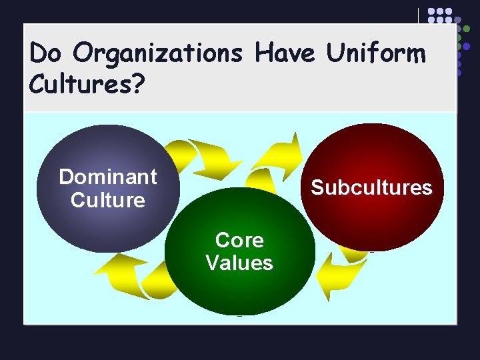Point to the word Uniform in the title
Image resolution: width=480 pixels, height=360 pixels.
coord(375,53)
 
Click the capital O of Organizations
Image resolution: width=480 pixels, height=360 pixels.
coord(83,53)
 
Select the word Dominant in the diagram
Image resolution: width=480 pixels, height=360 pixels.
coord(108,177)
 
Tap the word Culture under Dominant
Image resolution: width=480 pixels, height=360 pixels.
coord(108,200)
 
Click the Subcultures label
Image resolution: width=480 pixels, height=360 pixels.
coord(371,187)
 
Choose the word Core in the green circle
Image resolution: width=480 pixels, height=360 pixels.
coord(239,239)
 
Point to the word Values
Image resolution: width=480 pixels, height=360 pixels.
coord(239,263)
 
